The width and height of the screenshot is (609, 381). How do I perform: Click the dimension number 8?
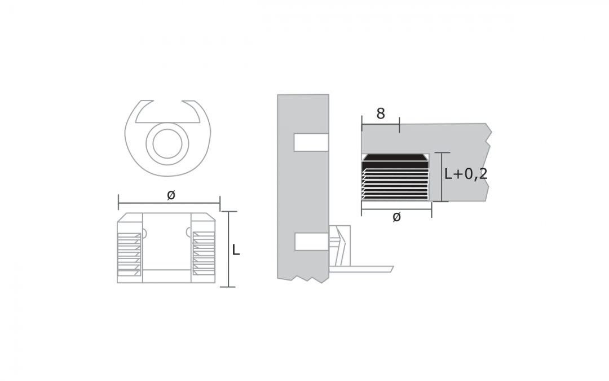click(x=381, y=114)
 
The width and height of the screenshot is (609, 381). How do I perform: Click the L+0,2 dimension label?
click(x=465, y=174)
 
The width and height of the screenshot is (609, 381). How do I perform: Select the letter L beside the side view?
click(x=236, y=251)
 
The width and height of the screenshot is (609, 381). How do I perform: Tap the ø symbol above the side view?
click(x=171, y=195)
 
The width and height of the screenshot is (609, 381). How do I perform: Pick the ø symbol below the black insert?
click(x=396, y=217)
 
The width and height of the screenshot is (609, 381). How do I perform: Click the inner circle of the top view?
click(x=167, y=143)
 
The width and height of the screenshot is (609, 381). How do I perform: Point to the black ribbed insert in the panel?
click(x=395, y=178)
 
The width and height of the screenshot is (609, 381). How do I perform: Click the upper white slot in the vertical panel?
click(x=311, y=142)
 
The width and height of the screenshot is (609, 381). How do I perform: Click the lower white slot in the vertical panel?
click(x=311, y=242)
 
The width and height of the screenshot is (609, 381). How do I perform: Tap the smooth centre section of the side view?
click(x=166, y=243)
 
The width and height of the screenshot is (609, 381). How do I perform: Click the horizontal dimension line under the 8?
click(x=381, y=124)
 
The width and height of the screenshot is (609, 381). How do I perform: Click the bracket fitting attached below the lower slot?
click(x=339, y=246)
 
